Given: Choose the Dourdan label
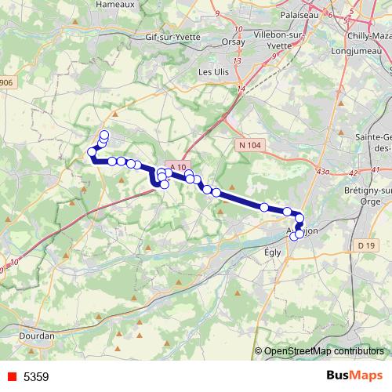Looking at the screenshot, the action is [37, 336].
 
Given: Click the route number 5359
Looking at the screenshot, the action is [36, 377].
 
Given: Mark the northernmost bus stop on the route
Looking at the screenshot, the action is [104, 135].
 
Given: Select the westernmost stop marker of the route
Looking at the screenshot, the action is [92, 152].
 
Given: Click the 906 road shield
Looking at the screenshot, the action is [6, 82].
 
